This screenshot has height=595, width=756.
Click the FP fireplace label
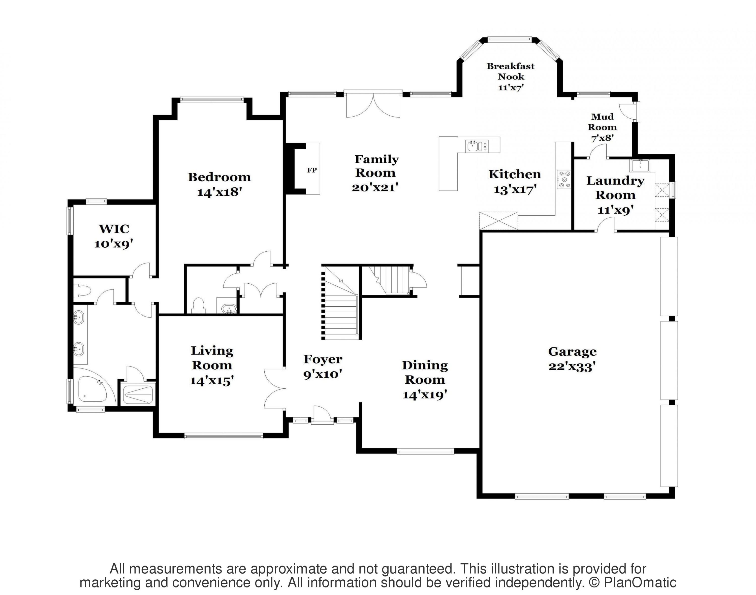click(x=312, y=170)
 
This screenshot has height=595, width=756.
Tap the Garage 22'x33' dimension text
click(x=572, y=367)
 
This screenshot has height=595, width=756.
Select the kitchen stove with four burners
click(x=564, y=179)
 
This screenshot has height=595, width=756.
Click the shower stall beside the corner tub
click(x=138, y=394)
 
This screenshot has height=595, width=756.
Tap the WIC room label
click(x=114, y=229)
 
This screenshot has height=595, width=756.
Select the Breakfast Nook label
click(x=510, y=71)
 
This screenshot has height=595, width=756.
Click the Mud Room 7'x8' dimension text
click(x=602, y=138)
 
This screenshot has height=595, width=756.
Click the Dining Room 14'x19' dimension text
click(x=425, y=395)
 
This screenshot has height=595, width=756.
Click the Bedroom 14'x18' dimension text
click(x=219, y=192)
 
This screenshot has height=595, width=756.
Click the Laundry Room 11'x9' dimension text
click(x=615, y=210)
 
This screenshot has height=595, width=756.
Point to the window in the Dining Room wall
click(x=426, y=452)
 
